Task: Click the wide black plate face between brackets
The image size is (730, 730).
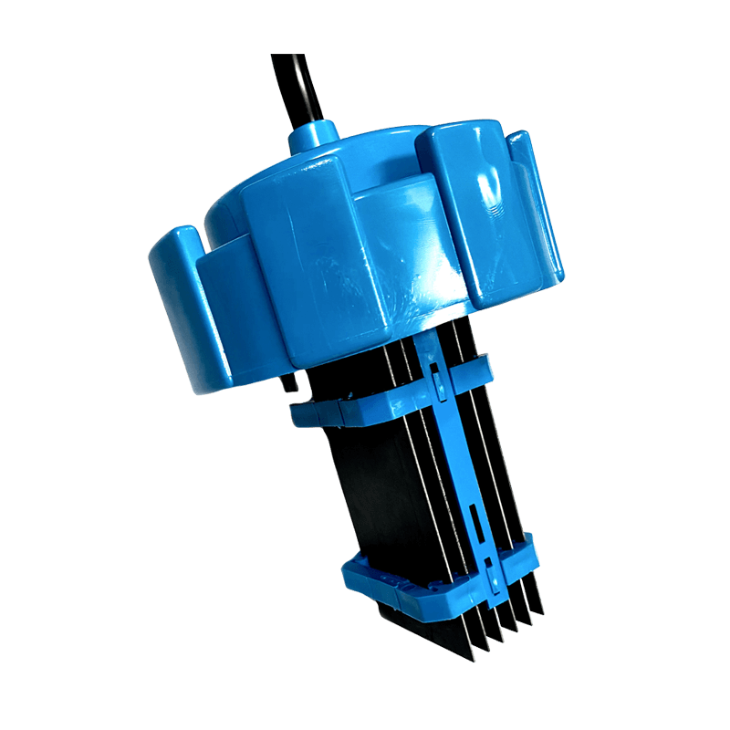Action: pos(374,493)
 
